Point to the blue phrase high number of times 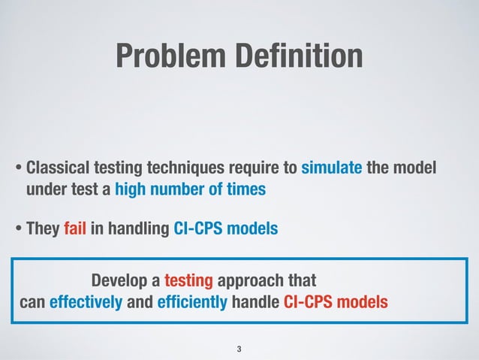(190, 189)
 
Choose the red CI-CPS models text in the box (336, 303)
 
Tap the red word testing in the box (190, 282)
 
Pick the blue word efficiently (192, 303)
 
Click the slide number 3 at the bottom (239, 349)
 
